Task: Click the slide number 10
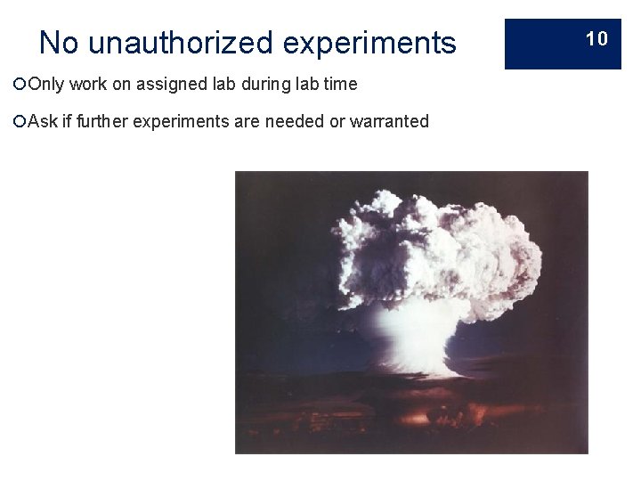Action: pyautogui.click(x=596, y=38)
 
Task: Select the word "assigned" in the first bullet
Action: pyautogui.click(x=166, y=85)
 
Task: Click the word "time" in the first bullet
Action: pyautogui.click(x=340, y=85)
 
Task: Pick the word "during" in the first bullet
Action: pyautogui.click(x=261, y=85)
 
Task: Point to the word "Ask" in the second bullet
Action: pyautogui.click(x=43, y=121)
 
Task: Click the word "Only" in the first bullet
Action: pyautogui.click(x=45, y=85)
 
